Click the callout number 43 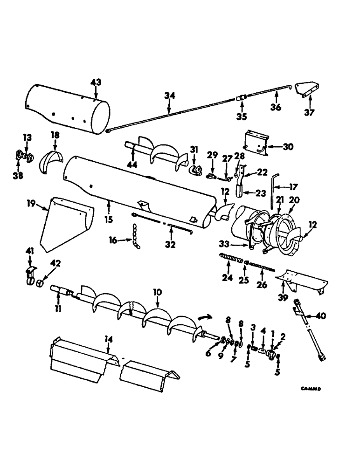[95, 82]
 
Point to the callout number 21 [280, 199]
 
